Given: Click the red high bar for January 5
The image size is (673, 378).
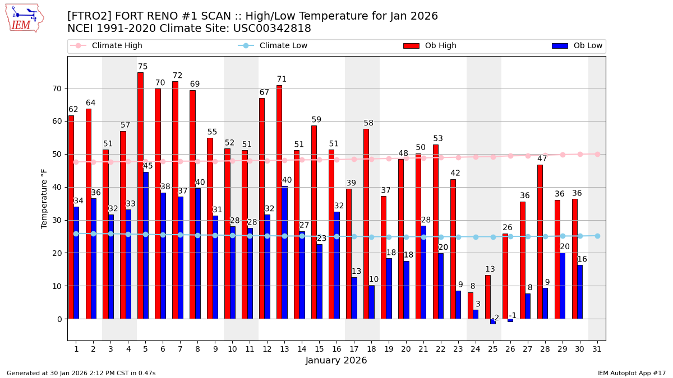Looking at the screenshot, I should pos(140,195).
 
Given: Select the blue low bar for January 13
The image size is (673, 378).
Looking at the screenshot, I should pos(284,253).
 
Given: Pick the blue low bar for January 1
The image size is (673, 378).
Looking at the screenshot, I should pos(76,263).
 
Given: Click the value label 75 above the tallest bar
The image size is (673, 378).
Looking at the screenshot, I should pos(143,67).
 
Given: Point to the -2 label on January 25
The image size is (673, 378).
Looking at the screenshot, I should pos(495,318).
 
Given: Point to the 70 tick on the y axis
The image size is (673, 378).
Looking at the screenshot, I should pos(57,88).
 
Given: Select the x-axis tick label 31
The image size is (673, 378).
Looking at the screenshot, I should pos(597,349).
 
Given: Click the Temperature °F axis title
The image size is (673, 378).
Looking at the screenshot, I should pos(44,198).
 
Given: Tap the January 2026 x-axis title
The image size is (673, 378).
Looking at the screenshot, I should pos(336,361).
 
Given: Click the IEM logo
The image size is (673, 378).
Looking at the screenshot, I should pos(24,18).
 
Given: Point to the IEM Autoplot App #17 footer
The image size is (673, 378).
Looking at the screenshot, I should pos(631,373).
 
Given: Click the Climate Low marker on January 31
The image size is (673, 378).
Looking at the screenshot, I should pos(597,236).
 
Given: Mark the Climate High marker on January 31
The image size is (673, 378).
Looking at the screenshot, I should pos(597,154).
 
